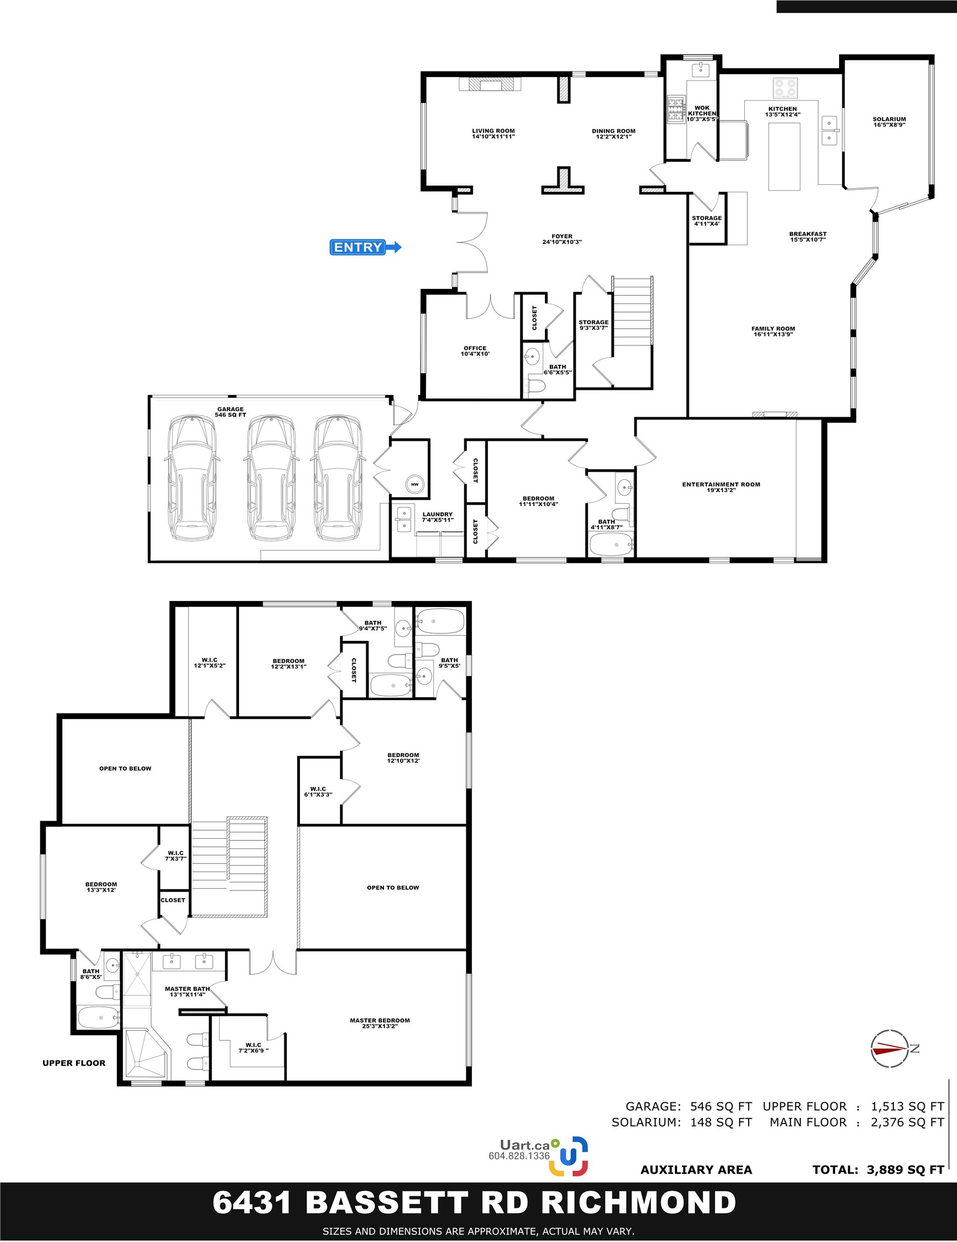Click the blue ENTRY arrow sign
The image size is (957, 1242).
click(x=366, y=247)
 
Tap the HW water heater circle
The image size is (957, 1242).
click(x=415, y=484)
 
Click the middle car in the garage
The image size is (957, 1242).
click(x=269, y=478)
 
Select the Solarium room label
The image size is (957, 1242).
click(x=889, y=122)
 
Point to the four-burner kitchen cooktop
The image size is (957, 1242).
click(x=785, y=88)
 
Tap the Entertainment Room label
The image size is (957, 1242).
click(x=721, y=487)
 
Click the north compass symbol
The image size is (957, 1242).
click(x=890, y=1048)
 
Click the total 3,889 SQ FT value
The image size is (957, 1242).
click(x=905, y=1170)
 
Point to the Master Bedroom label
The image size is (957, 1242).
click(x=380, y=1023)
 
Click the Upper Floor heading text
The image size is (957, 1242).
click(x=74, y=1063)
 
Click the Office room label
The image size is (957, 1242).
click(x=475, y=351)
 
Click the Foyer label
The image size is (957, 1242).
click(x=562, y=239)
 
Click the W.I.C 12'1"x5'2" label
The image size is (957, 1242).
click(x=209, y=663)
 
